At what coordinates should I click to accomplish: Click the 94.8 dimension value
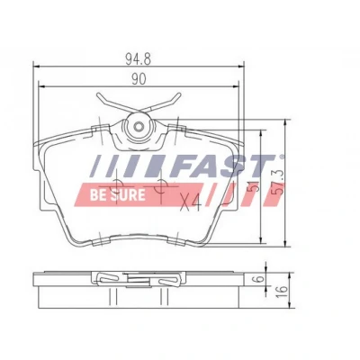point(138,59)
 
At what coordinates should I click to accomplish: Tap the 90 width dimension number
point(139,79)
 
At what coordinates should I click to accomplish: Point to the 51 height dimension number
point(254,187)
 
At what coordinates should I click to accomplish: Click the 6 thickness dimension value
point(260,278)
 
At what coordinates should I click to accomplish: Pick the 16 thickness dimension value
point(283,292)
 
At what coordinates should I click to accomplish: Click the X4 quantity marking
point(191,203)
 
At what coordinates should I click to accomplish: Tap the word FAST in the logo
point(222,166)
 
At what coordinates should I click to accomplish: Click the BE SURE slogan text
point(118,195)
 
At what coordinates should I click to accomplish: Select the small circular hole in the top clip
point(139,127)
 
